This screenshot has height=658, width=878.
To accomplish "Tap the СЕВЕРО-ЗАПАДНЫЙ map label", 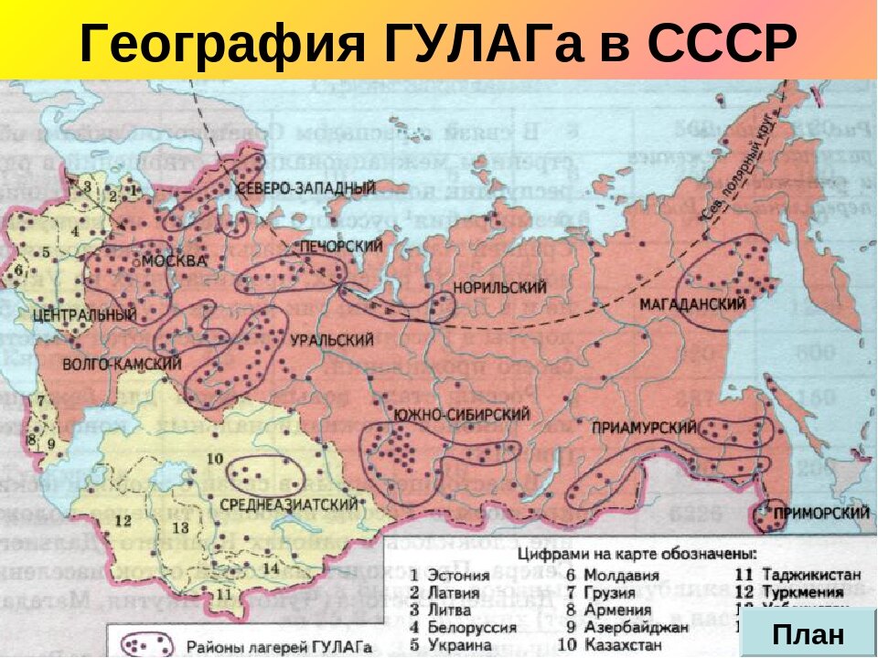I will point(305,188).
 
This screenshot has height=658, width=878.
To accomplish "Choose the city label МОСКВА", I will point(174,261).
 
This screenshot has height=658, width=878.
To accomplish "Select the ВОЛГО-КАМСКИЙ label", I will point(121,364).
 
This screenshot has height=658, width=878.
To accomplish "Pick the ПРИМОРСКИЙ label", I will point(820,514).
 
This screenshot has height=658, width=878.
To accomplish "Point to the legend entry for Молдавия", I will point(612,576).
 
